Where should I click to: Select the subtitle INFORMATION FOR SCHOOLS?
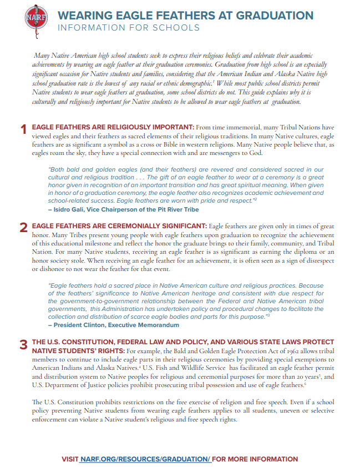pos(128,28)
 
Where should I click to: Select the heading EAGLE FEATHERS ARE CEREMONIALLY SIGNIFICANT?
pos(119,226)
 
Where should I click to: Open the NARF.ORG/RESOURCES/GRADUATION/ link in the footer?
pos(145,459)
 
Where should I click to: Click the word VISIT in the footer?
pos(70,459)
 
